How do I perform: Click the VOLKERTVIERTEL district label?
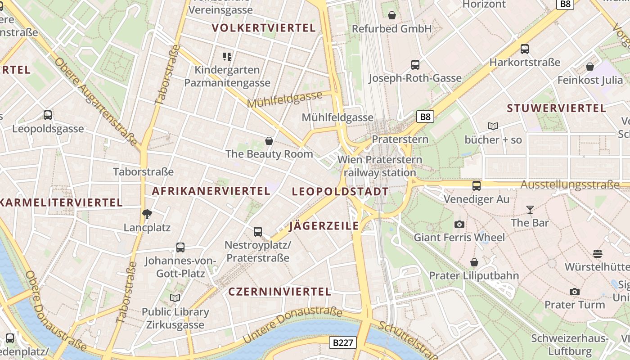click(263, 28)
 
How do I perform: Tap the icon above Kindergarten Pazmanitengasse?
click(227, 56)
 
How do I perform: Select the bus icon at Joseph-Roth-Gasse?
click(415, 65)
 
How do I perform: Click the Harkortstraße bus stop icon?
click(524, 49)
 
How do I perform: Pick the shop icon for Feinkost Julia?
click(589, 67)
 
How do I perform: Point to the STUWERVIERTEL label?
click(556, 108)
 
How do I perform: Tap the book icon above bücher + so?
click(493, 126)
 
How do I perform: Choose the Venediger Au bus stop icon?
click(476, 185)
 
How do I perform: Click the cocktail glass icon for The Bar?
click(530, 209)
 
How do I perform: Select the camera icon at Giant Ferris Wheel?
click(459, 224)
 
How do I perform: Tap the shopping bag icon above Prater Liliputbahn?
click(474, 262)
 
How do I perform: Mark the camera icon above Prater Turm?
click(574, 292)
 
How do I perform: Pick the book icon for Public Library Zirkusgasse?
click(175, 298)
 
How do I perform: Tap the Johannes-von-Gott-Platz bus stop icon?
click(180, 247)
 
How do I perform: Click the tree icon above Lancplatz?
click(147, 214)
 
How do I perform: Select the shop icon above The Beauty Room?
click(269, 141)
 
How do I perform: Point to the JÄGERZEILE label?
click(324, 226)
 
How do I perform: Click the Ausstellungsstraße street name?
click(570, 184)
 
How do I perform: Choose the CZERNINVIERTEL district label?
click(279, 292)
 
